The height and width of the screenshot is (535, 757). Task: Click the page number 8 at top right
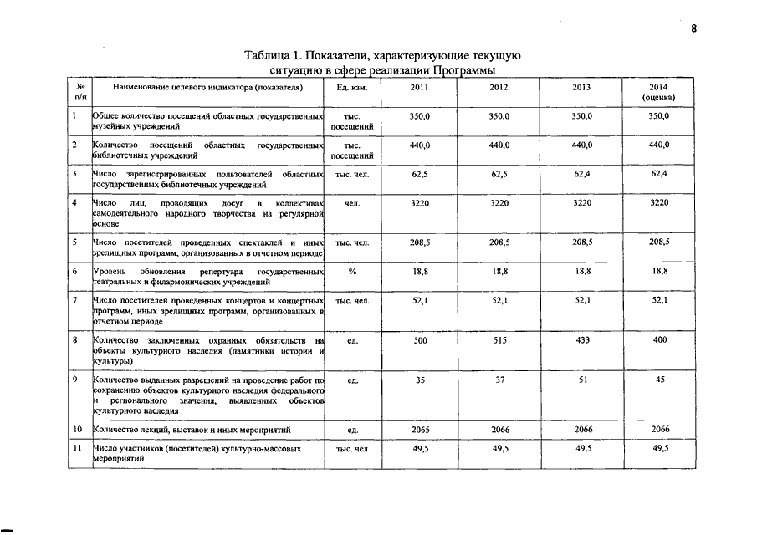click(x=693, y=28)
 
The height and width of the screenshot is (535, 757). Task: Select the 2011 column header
click(x=421, y=87)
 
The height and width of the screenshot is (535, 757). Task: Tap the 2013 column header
click(x=581, y=87)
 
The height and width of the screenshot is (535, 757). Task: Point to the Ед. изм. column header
click(x=352, y=87)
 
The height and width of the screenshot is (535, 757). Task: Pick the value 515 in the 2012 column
click(x=500, y=341)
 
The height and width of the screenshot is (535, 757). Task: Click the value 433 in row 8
click(x=581, y=341)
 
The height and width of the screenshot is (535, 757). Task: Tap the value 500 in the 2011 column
click(x=421, y=341)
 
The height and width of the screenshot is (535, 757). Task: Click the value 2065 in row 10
click(x=421, y=429)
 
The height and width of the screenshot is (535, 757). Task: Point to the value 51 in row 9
click(x=581, y=380)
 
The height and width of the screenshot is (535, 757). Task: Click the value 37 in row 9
click(x=500, y=380)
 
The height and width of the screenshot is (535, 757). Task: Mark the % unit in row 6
click(x=352, y=272)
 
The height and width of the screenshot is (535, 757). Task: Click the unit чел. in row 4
click(x=352, y=203)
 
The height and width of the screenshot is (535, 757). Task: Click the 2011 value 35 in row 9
click(x=421, y=380)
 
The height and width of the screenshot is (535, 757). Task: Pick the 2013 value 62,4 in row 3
click(x=581, y=174)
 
